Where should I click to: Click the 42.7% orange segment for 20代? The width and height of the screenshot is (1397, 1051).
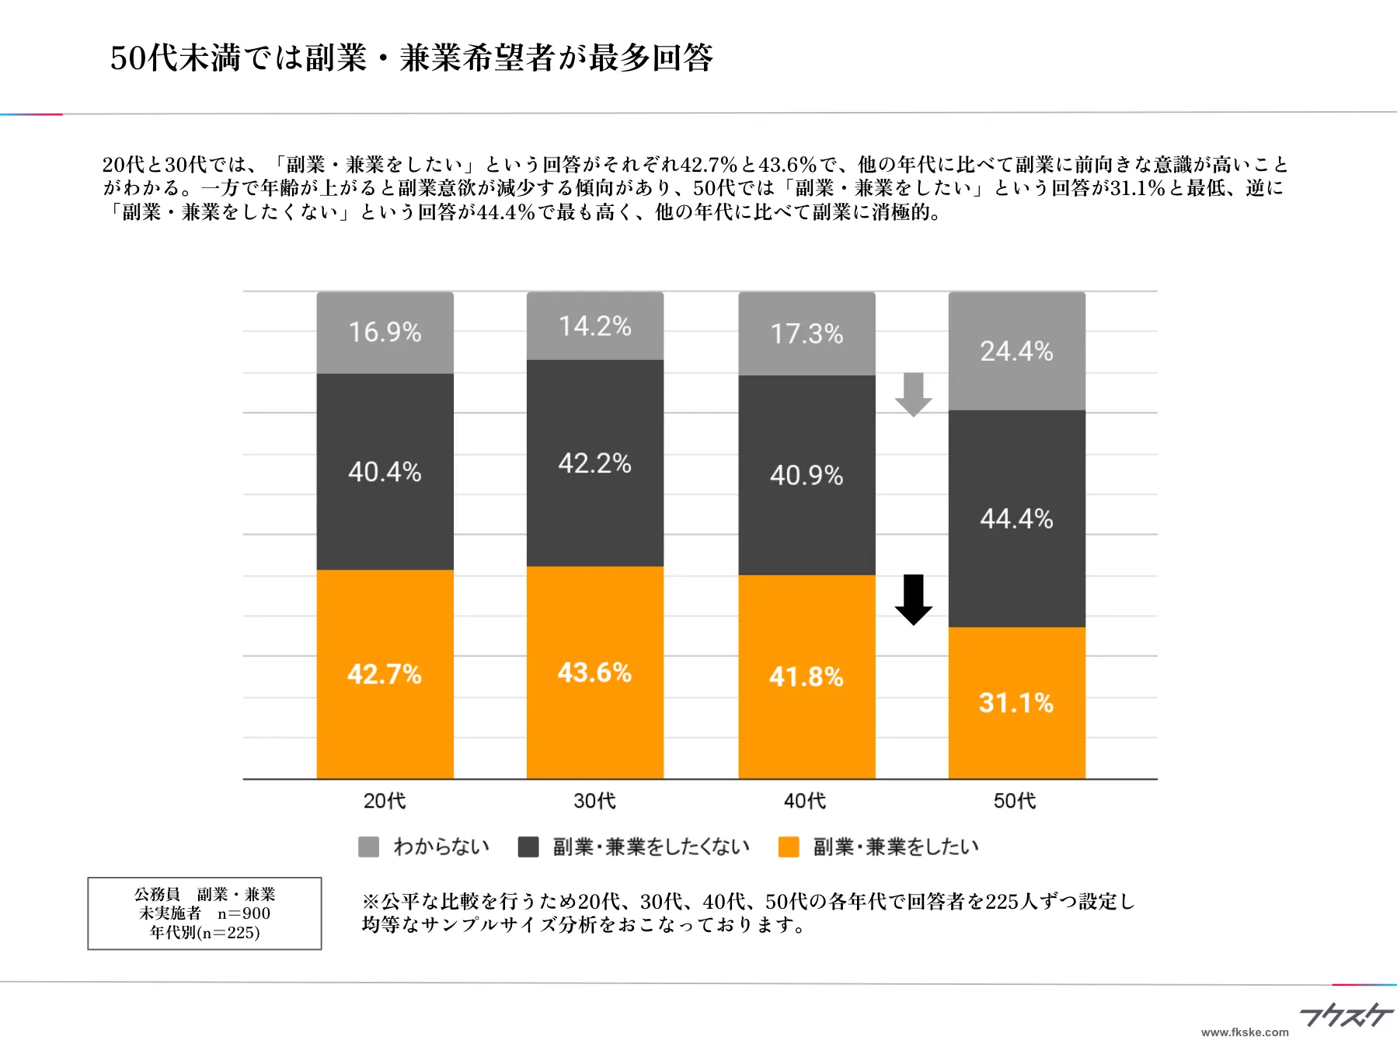(385, 673)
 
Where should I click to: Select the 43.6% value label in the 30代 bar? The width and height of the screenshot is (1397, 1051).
(594, 672)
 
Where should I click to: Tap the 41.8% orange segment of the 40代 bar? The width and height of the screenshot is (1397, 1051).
(806, 676)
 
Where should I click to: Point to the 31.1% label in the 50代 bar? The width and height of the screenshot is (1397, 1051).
(1016, 703)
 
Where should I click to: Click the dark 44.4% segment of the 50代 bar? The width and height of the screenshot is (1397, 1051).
(1016, 519)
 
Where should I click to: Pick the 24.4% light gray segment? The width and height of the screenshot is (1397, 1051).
(1016, 351)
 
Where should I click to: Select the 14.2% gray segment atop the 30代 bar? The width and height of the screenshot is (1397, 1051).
(595, 326)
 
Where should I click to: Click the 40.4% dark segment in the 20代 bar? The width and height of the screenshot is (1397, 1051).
(385, 471)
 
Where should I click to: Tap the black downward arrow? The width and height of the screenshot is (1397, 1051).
(914, 599)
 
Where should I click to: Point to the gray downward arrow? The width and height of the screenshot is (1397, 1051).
(913, 394)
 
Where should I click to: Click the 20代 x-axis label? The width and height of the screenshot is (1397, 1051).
(385, 801)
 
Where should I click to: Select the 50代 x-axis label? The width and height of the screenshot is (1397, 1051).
(1015, 801)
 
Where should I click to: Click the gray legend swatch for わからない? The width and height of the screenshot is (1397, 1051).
(368, 847)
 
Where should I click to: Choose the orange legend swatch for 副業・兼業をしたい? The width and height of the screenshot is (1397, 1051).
(789, 847)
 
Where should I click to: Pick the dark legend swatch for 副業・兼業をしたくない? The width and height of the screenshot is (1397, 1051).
(528, 847)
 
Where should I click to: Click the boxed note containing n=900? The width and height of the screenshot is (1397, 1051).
(204, 913)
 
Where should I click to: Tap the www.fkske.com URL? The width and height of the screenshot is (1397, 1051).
(1245, 1032)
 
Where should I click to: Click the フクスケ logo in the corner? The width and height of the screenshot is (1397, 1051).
(1346, 1014)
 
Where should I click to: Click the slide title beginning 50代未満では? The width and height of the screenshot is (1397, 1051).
(411, 58)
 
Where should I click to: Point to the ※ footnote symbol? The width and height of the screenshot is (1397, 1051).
(370, 902)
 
